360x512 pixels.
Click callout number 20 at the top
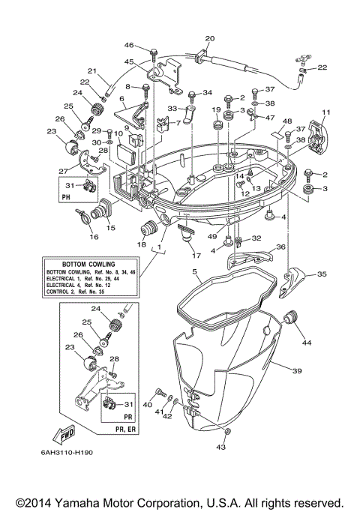coord(209,38)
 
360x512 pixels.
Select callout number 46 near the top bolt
coord(129,46)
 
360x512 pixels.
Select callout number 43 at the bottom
coord(221,448)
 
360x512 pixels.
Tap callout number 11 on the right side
coord(325,113)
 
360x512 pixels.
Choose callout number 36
coord(280,247)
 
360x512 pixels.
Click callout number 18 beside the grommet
coord(140,244)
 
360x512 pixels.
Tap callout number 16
coord(94,238)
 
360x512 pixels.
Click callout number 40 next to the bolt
coord(147,404)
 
